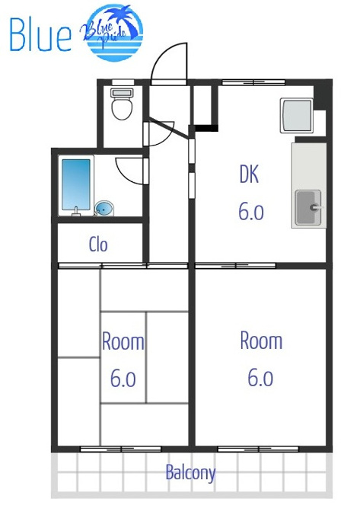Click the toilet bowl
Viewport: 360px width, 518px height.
click(122, 107)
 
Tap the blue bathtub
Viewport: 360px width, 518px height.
click(76, 184)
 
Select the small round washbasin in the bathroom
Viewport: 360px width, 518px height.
click(104, 209)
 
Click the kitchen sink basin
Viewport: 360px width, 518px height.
click(308, 207)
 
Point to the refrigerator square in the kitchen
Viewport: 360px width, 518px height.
click(296, 115)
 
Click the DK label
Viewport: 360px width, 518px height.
click(249, 174)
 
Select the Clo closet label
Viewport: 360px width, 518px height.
click(98, 245)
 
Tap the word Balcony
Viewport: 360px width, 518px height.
click(190, 473)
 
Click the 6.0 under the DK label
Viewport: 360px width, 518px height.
click(251, 212)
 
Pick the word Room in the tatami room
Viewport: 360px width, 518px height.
click(123, 341)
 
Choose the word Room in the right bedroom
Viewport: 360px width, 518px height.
click(261, 341)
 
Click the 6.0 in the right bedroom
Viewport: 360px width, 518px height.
click(260, 378)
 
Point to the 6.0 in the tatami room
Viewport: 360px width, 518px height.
click(123, 379)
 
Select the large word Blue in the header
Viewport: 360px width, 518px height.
click(40, 34)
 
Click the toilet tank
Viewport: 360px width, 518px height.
click(122, 92)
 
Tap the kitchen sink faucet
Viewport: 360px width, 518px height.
click(316, 207)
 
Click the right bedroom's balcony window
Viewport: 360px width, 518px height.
click(258, 449)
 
